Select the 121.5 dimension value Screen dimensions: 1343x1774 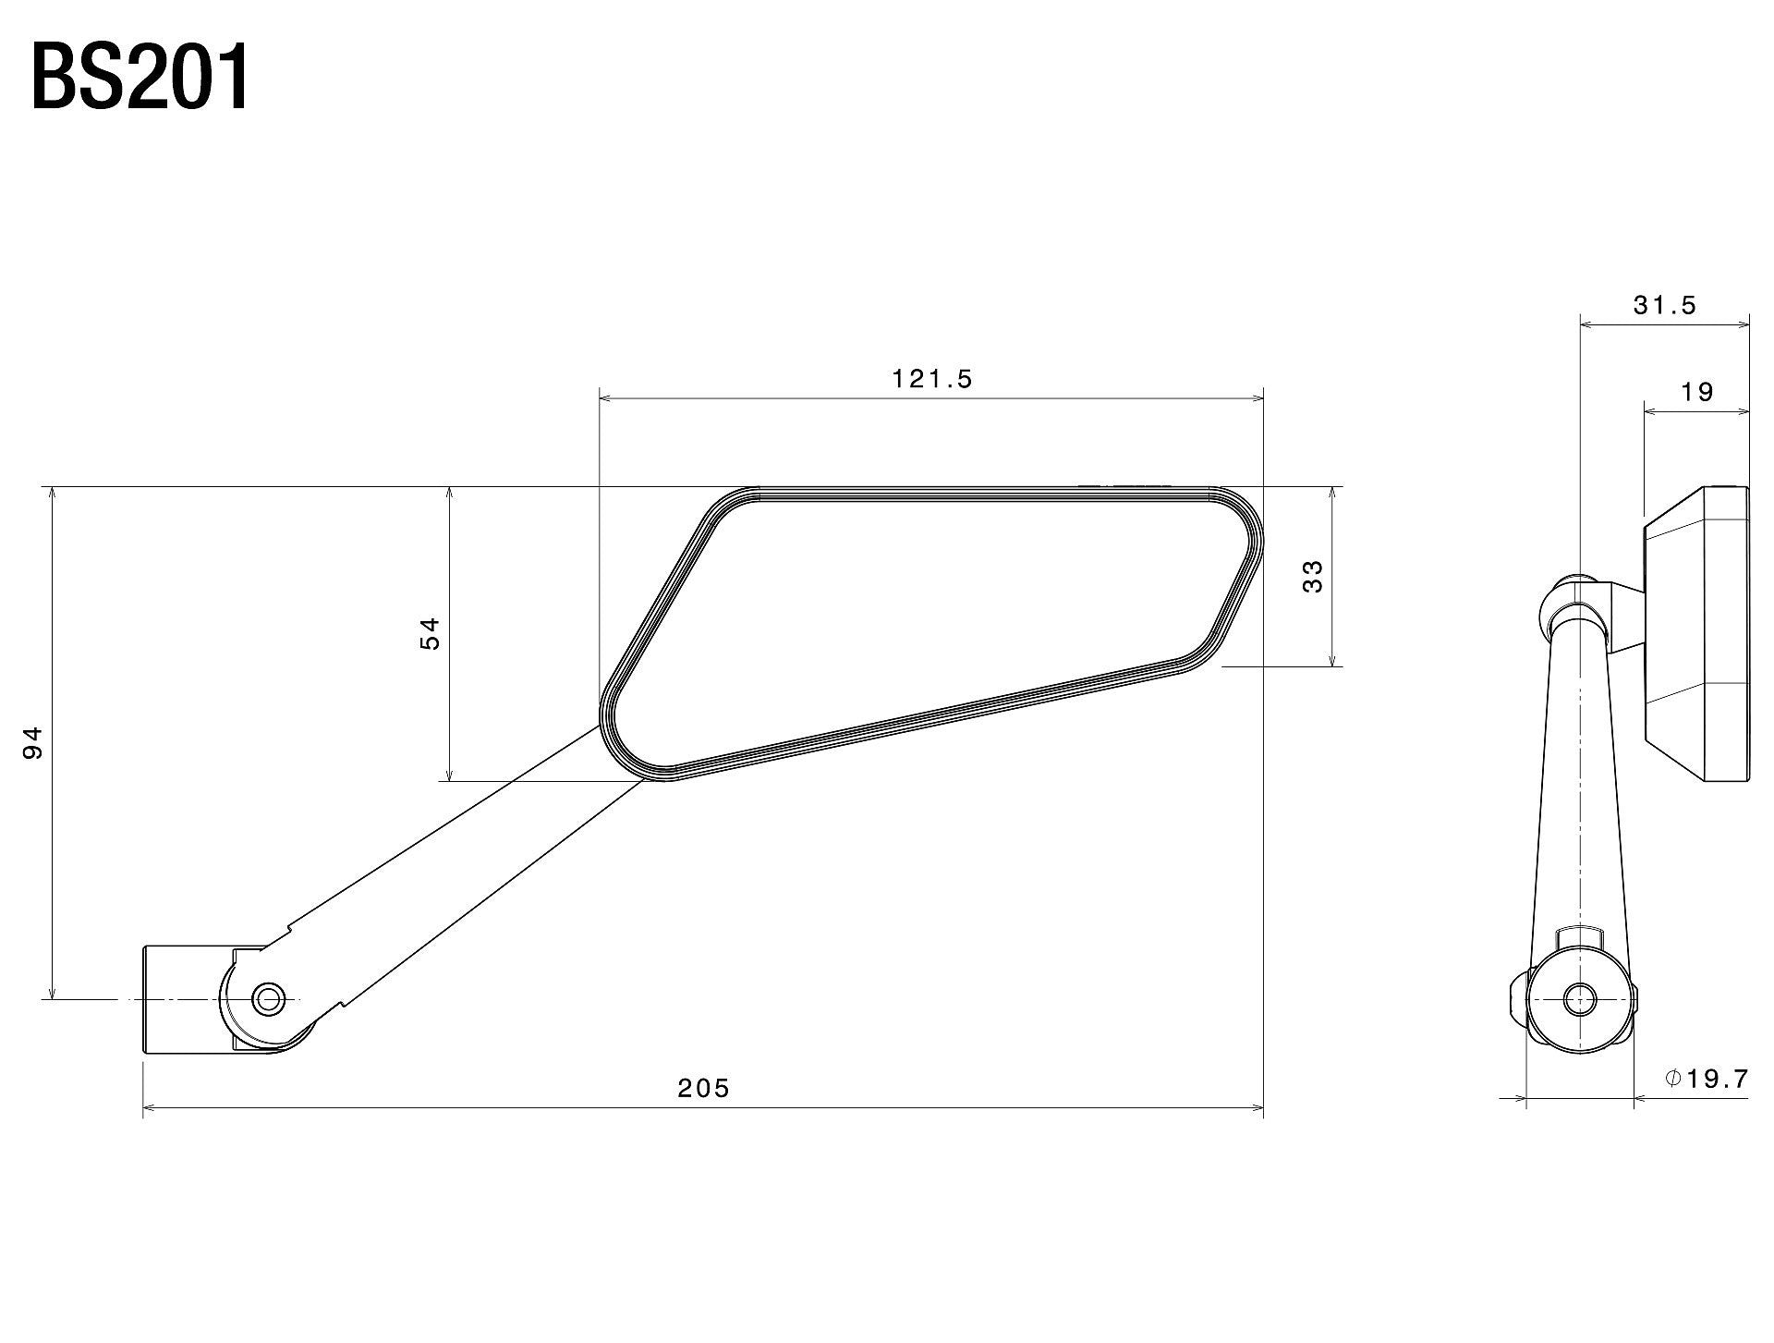[x=931, y=379]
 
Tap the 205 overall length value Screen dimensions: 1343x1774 [x=703, y=1088]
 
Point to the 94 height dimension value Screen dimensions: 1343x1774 [x=33, y=742]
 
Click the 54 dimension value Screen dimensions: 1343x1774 [x=431, y=633]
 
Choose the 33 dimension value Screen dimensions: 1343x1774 [x=1312, y=577]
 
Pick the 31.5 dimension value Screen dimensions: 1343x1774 [x=1664, y=306]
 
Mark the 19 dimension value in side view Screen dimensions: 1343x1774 [x=1696, y=392]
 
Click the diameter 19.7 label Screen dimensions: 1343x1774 [x=1707, y=1079]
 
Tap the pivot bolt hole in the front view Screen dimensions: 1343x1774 [x=269, y=998]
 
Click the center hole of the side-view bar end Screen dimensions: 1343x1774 [x=1579, y=998]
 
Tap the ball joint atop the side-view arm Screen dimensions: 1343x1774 [x=1575, y=605]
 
